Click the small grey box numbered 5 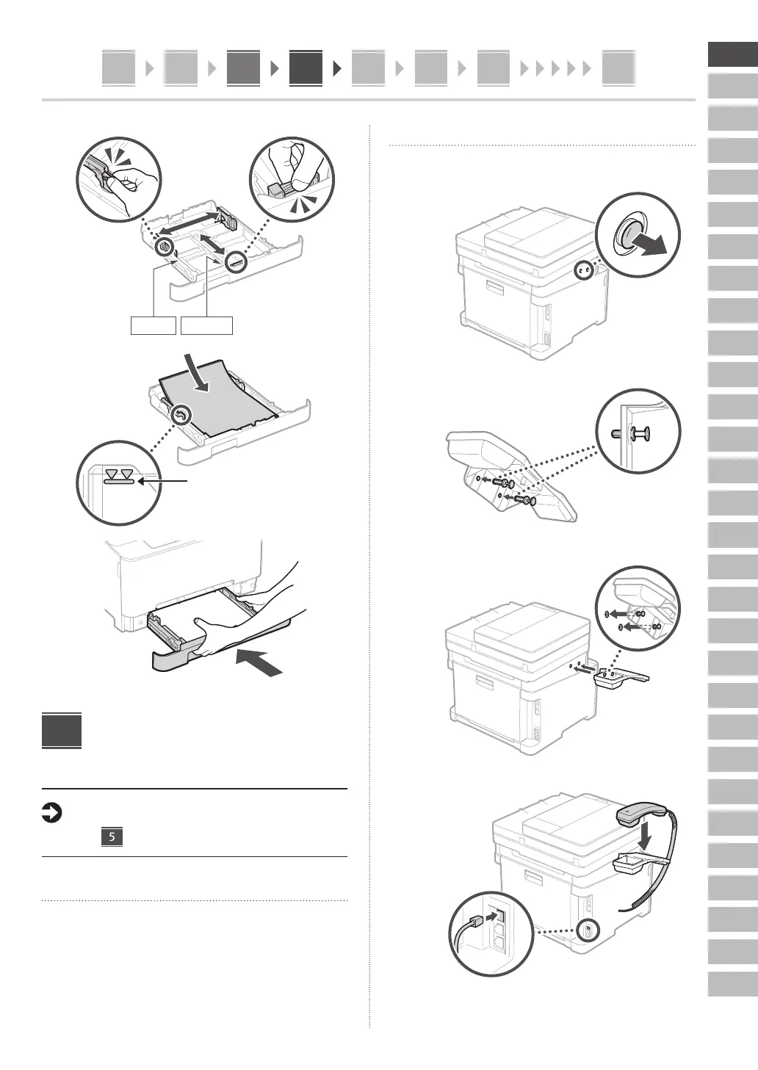pos(112,836)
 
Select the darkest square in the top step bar pos(306,68)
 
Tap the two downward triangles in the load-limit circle pos(120,474)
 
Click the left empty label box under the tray pos(154,325)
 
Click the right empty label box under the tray pos(206,325)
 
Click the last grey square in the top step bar pos(618,68)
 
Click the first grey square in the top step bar pos(118,68)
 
